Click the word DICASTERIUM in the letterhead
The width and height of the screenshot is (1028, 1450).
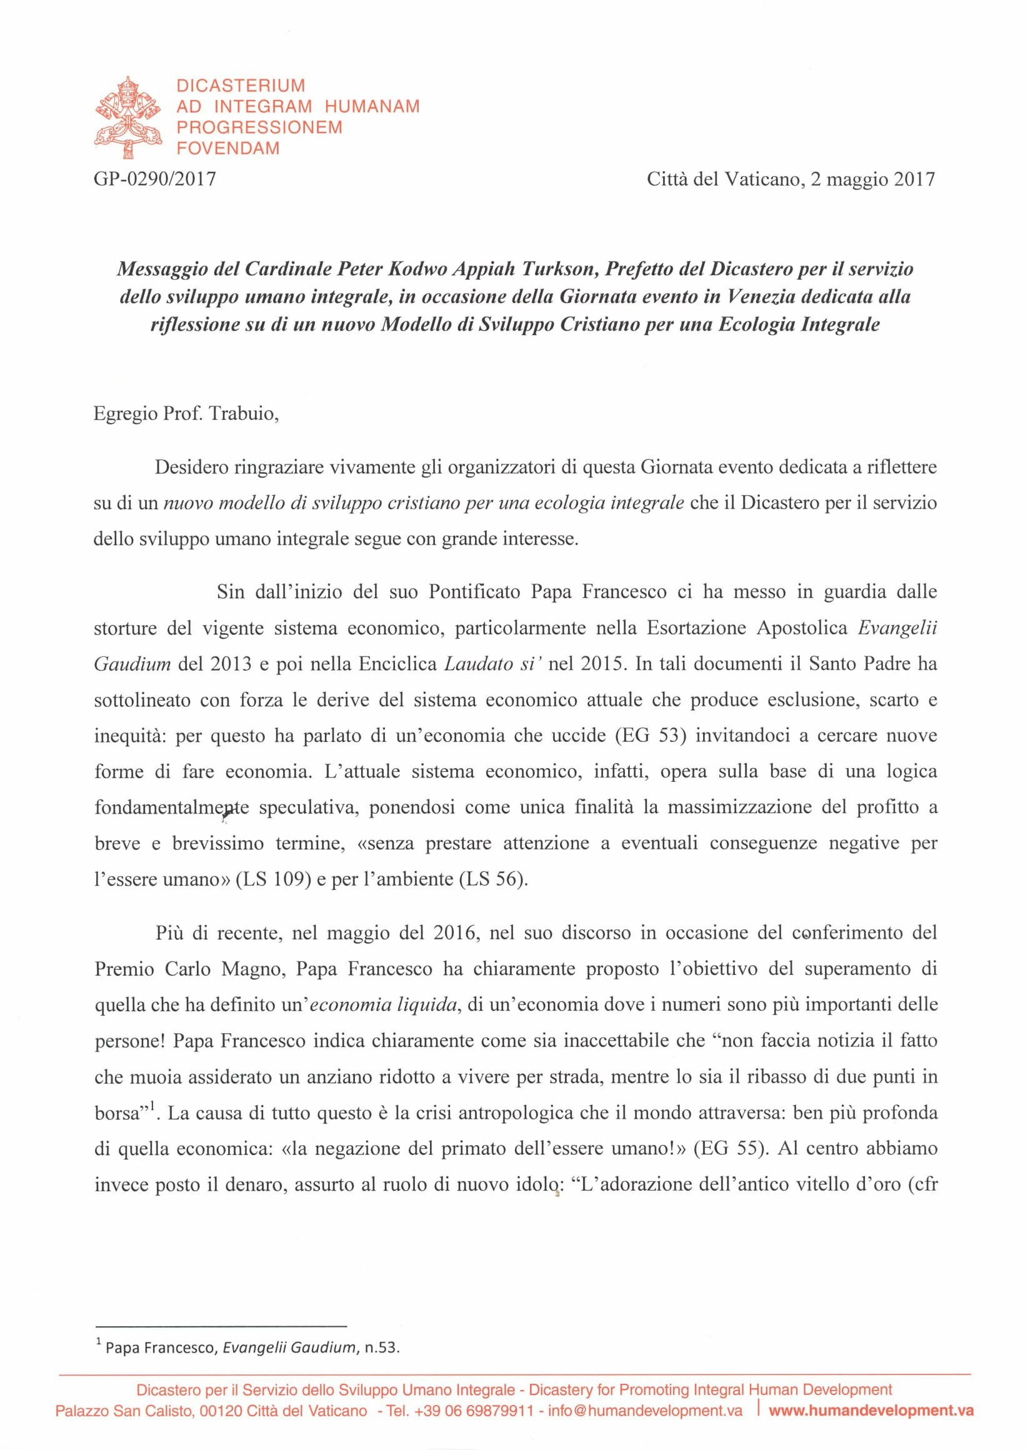tap(241, 86)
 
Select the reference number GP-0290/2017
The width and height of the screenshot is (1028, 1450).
tap(154, 179)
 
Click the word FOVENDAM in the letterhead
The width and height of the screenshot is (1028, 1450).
tap(228, 149)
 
